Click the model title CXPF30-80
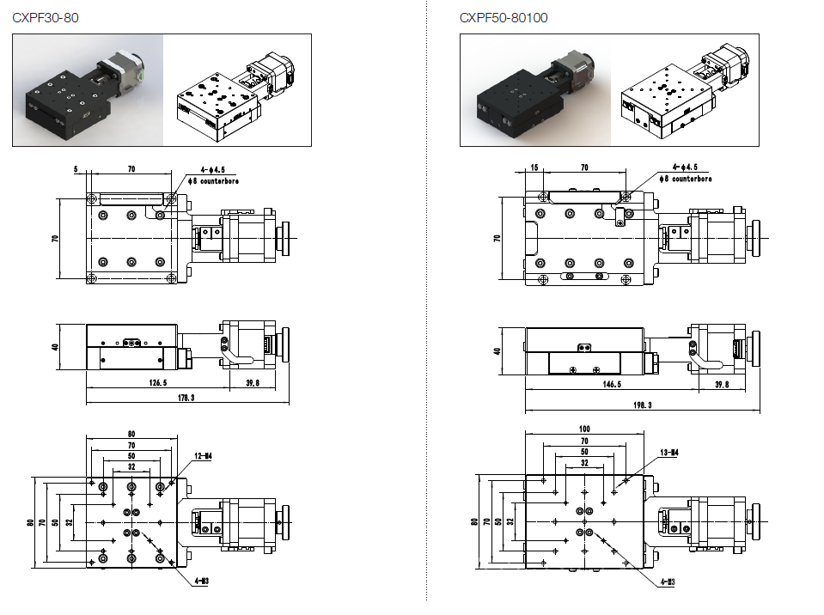(46, 17)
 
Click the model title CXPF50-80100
(504, 17)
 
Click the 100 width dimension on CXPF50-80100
(583, 429)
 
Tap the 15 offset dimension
(534, 168)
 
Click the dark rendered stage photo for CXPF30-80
(88, 89)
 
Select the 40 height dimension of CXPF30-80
(53, 347)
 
